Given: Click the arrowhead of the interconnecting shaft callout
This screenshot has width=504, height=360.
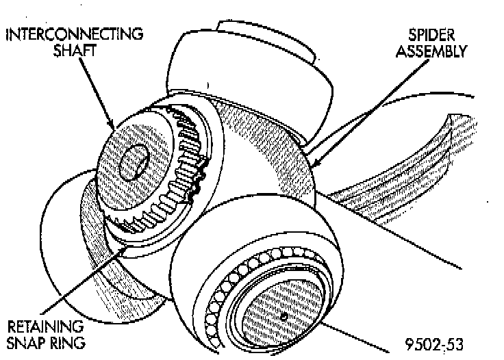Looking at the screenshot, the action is coord(114,126).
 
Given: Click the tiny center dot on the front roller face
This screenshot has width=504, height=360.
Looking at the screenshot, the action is coord(283,316).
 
